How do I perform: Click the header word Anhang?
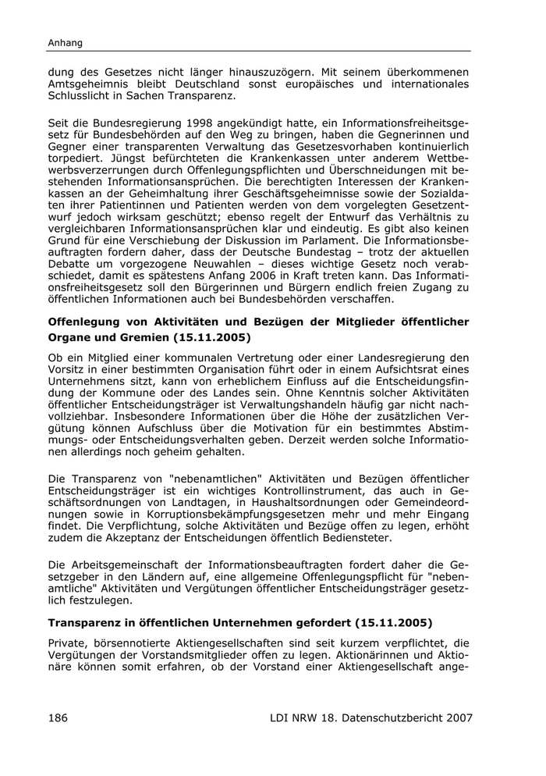point(66,43)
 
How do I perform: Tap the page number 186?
point(60,717)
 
